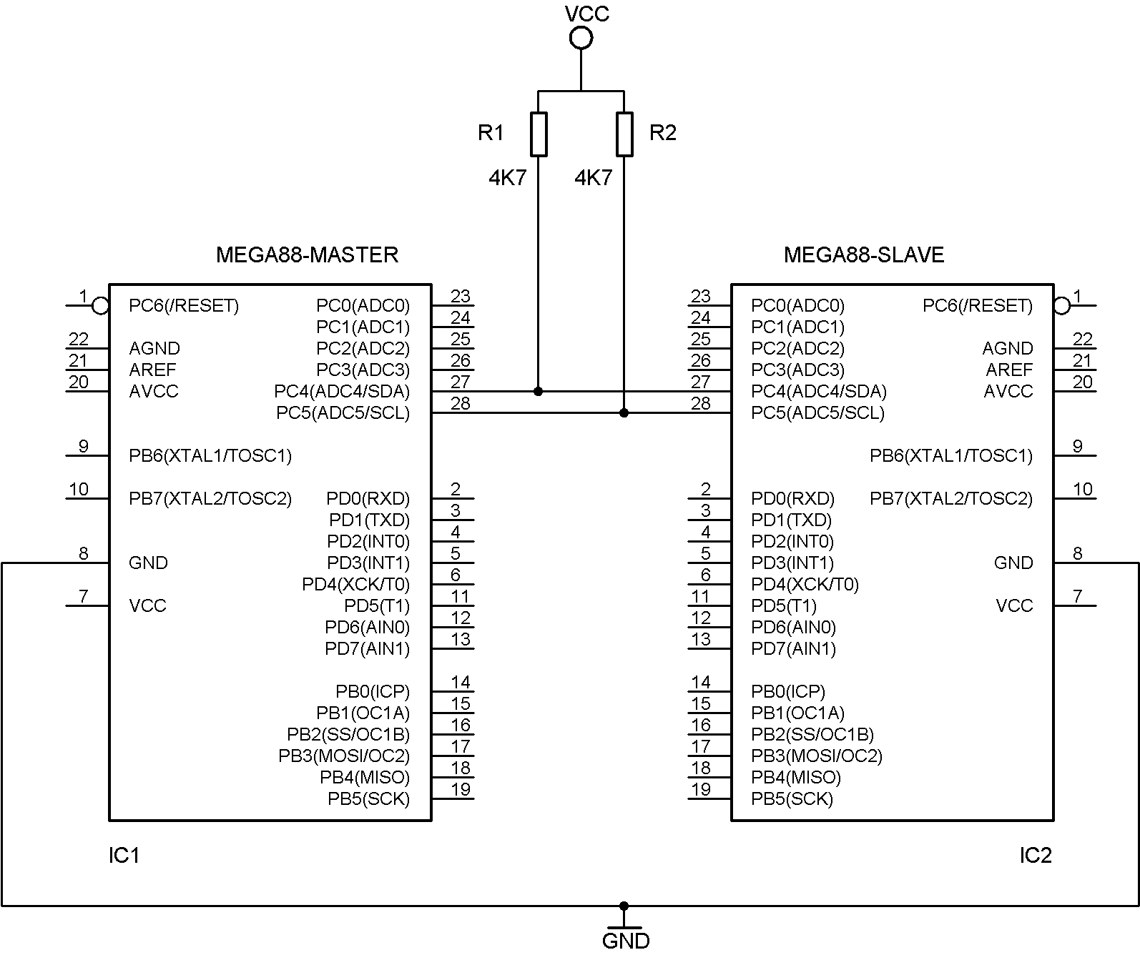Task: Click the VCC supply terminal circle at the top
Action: point(581,27)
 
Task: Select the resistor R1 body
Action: point(539,134)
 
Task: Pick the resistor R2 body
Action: point(624,134)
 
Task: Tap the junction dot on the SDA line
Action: point(538,391)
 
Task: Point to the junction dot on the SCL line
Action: point(624,413)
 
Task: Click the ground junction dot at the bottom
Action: point(624,906)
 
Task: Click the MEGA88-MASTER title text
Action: point(308,255)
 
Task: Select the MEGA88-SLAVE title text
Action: point(864,255)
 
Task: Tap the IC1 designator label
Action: point(124,855)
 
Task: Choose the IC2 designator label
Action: point(1036,855)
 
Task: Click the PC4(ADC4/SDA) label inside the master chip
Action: point(342,391)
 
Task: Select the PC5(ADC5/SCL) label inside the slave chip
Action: point(818,413)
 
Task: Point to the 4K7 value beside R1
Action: point(508,178)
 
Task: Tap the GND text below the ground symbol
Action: point(626,941)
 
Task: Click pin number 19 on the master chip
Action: point(461,789)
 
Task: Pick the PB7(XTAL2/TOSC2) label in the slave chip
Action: point(951,499)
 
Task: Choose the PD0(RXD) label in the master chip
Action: point(368,499)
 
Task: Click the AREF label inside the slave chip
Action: point(1009,370)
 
